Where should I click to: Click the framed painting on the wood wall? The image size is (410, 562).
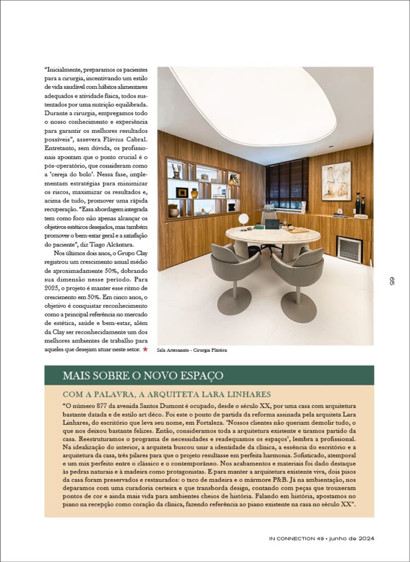(x=336, y=181)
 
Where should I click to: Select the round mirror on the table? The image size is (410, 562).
(x=243, y=219)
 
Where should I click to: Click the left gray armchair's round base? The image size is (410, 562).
(x=234, y=301)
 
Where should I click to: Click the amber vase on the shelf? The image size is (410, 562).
(x=194, y=193)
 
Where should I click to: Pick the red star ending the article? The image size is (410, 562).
(x=145, y=349)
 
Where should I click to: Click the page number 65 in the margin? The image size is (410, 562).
(x=391, y=280)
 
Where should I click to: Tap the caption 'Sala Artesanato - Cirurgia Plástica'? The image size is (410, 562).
(x=192, y=350)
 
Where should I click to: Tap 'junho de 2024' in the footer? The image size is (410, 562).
(x=352, y=538)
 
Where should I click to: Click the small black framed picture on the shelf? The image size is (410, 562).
(x=182, y=192)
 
